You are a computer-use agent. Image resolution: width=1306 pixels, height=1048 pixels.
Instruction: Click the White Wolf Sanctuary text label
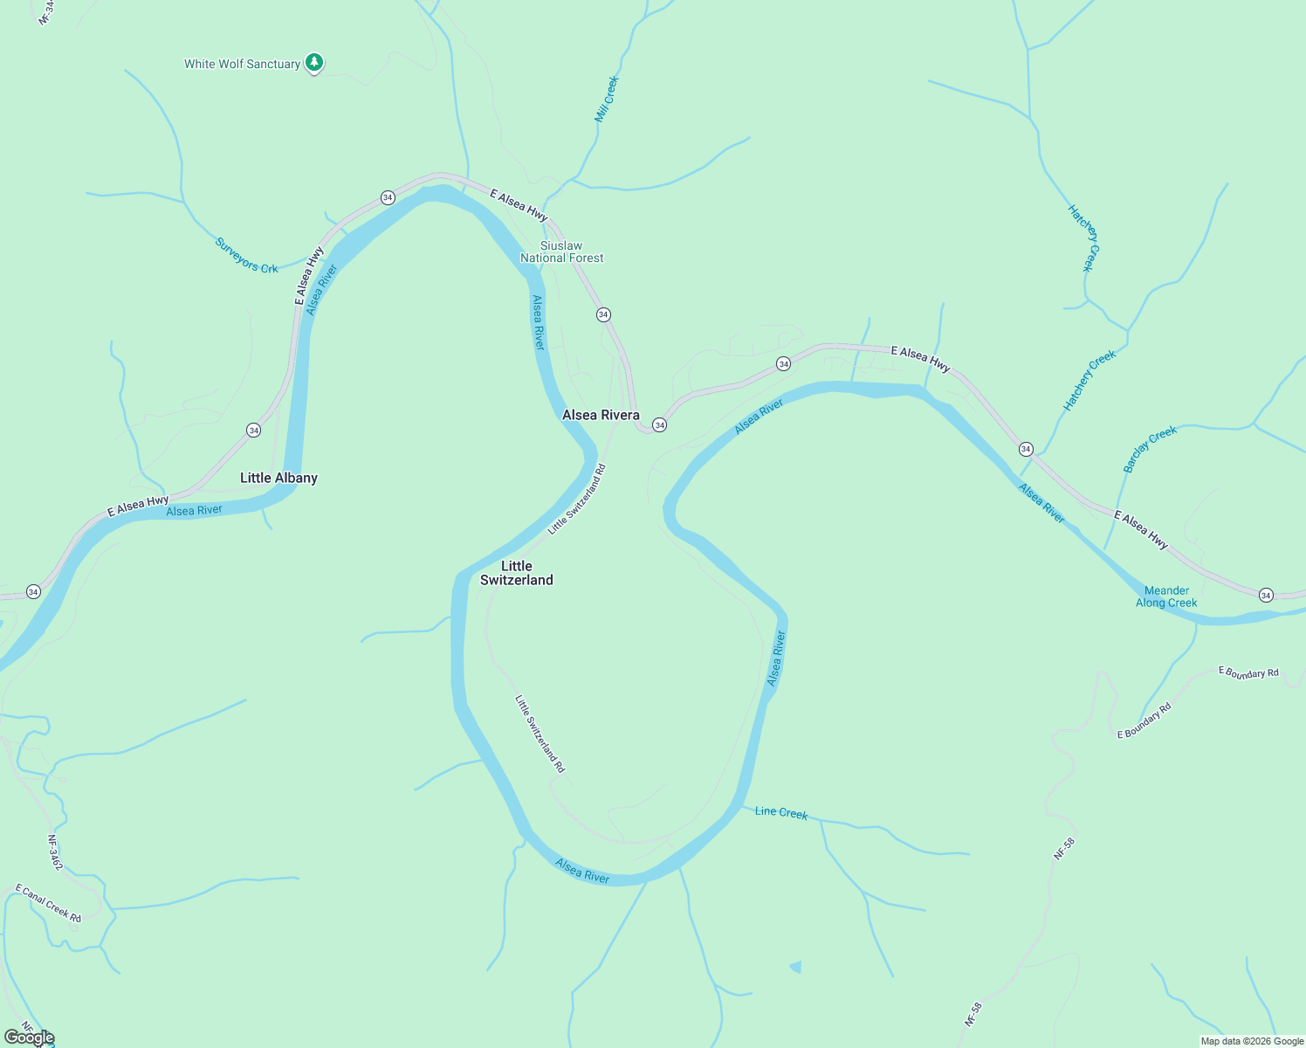(242, 64)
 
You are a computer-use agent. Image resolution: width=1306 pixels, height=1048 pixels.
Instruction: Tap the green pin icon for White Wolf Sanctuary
(314, 63)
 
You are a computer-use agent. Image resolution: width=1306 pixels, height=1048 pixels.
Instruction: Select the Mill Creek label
(607, 98)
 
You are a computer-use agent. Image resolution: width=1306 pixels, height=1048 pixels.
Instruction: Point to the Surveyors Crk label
(246, 255)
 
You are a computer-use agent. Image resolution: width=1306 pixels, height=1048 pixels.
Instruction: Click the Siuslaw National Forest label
(561, 252)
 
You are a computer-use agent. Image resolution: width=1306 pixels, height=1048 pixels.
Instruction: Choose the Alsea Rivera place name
(601, 415)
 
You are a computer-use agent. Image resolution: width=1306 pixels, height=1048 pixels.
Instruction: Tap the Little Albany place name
(278, 478)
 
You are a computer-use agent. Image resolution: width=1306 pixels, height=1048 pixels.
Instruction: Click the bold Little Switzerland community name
(517, 573)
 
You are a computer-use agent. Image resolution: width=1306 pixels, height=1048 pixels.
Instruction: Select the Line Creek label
(781, 812)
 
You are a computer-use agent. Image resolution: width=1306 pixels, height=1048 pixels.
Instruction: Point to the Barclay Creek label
(1150, 449)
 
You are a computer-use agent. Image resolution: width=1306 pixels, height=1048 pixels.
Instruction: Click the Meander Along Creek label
(1166, 596)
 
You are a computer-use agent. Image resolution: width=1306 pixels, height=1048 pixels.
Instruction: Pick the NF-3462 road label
(55, 852)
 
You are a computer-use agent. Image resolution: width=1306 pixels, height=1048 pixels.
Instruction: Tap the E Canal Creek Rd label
(48, 903)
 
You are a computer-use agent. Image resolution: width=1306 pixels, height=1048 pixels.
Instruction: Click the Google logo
(29, 1038)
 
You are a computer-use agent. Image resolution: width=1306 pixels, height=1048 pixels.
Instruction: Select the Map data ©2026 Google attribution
(1252, 1041)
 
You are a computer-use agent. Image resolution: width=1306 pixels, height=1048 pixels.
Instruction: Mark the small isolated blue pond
(795, 967)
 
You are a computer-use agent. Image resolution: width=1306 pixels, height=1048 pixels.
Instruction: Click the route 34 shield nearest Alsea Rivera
(660, 425)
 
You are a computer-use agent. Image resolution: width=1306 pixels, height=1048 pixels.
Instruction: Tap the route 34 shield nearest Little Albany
(253, 430)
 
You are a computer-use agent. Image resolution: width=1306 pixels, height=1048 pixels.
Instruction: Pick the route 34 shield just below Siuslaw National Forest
(603, 314)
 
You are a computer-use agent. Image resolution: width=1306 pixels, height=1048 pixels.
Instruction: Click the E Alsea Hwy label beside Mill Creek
(519, 204)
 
